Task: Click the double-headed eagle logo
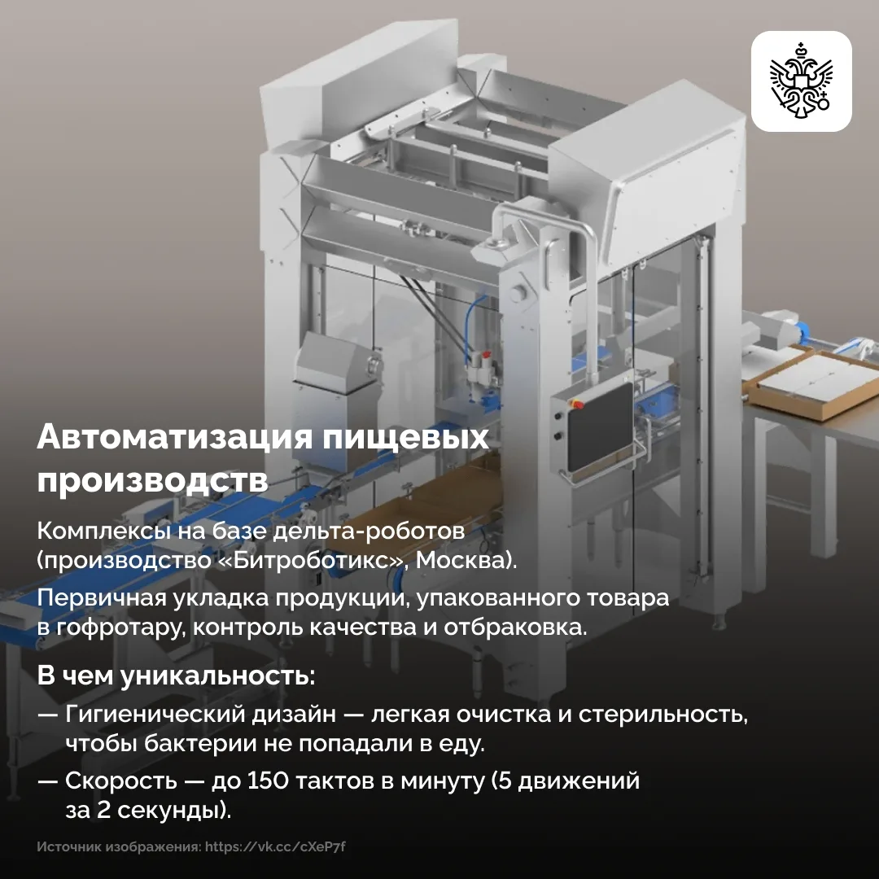[x=801, y=81]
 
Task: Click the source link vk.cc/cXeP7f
[x=275, y=846]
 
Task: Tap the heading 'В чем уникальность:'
[x=176, y=676]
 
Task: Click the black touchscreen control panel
[x=600, y=427]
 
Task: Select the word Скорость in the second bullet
[x=120, y=781]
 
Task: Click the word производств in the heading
[x=152, y=480]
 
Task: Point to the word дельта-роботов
[x=369, y=531]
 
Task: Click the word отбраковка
[x=515, y=627]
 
